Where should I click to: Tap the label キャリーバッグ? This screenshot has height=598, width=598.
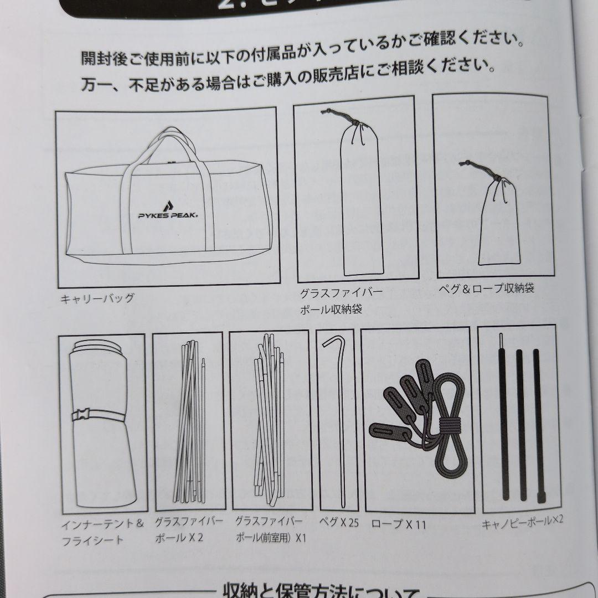pyautogui.click(x=97, y=298)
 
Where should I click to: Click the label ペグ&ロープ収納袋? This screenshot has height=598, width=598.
pyautogui.click(x=486, y=288)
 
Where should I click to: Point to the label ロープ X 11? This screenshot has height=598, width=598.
pyautogui.click(x=398, y=524)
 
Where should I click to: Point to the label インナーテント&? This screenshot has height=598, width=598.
pyautogui.click(x=102, y=523)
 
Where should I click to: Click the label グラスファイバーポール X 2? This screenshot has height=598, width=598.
pyautogui.click(x=189, y=529)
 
